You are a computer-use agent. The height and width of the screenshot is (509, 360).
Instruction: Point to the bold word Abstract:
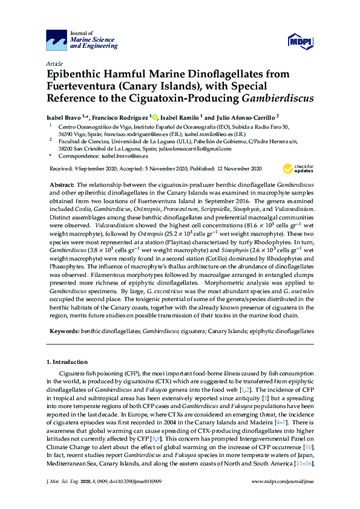[x=64, y=183]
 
